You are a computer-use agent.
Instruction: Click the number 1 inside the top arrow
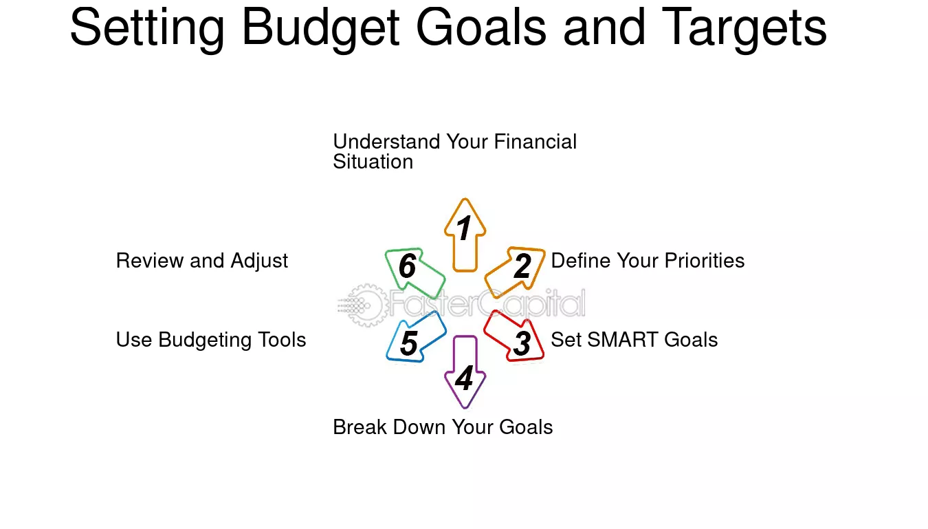coord(463,228)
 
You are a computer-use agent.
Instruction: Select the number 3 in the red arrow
coord(522,343)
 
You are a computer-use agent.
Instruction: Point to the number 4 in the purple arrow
coord(464,378)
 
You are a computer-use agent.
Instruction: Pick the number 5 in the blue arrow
coord(409,343)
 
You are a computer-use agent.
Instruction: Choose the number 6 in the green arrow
coord(407,266)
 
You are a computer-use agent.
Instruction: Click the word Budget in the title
coord(320,29)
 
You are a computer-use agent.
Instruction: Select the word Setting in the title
coord(148,29)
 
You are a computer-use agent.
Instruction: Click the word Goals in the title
coord(481,28)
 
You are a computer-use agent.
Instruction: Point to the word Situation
coord(373,162)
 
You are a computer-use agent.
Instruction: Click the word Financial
coord(535,142)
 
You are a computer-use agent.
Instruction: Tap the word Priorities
coord(705,261)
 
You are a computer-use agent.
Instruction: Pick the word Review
coord(150,261)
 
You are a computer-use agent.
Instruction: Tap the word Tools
coord(282,340)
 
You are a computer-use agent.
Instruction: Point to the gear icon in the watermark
coord(366,305)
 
